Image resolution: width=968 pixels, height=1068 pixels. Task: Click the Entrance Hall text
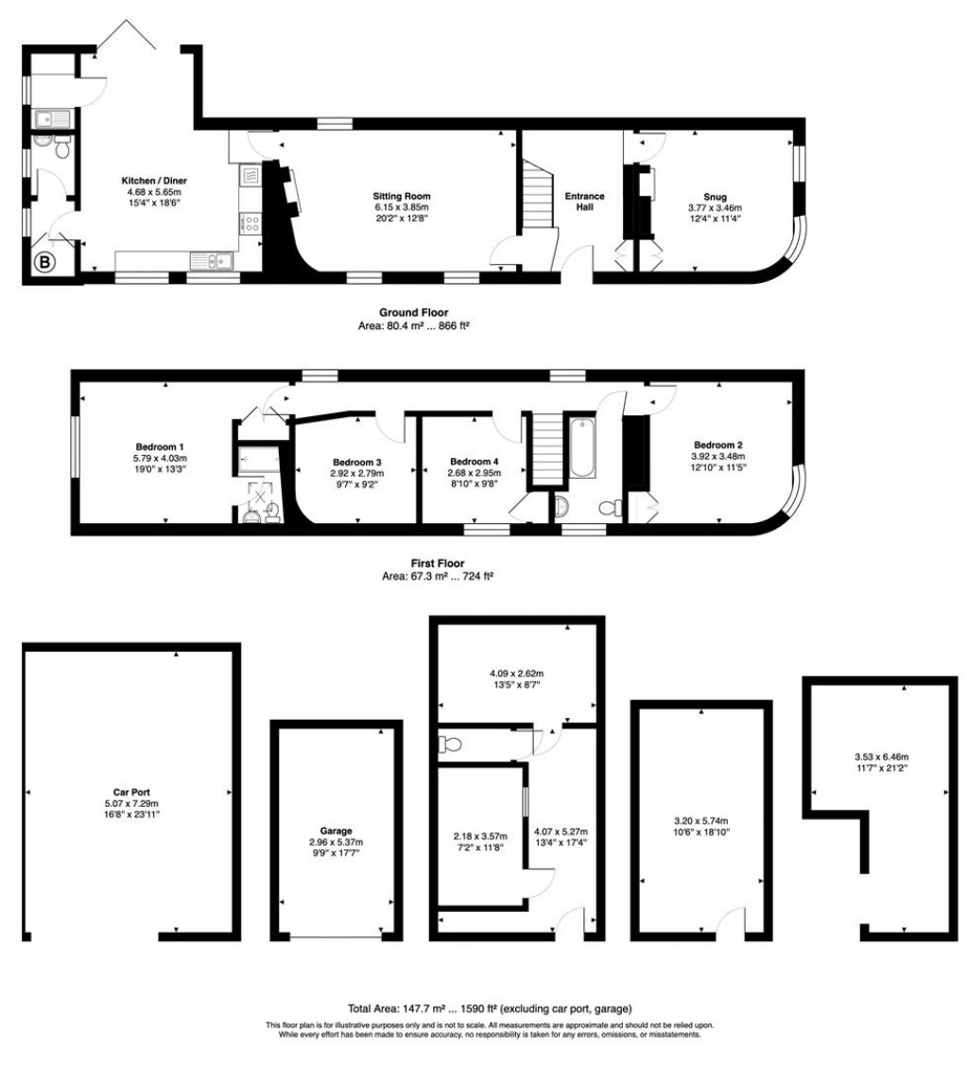584,201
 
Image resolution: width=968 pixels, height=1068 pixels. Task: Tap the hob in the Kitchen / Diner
252,223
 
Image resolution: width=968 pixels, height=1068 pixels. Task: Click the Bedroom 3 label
354,462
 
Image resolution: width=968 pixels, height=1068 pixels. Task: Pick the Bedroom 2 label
719,445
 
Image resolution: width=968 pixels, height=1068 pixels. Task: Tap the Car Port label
127,793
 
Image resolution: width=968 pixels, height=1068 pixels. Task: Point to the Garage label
336,831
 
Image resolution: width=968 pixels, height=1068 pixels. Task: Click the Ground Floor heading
414,313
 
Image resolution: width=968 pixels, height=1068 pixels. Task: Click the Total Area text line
491,1009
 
